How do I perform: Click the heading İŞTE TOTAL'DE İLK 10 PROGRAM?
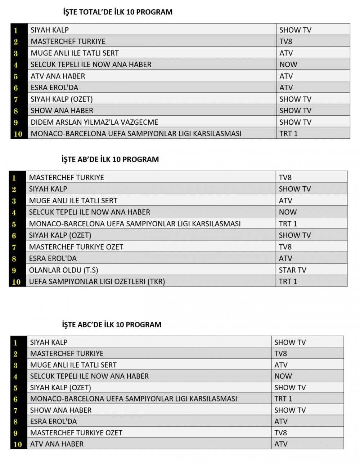click(117, 12)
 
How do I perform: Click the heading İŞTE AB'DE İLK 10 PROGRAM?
click(110, 159)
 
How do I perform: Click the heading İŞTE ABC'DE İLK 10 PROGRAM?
click(112, 324)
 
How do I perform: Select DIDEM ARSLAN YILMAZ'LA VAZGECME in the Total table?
click(94, 122)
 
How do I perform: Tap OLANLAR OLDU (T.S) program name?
click(63, 270)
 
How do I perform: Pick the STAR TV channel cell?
click(292, 270)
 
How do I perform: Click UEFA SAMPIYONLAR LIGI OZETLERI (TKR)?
click(97, 281)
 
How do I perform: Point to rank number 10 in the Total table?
click(18, 134)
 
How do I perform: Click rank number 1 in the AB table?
click(14, 178)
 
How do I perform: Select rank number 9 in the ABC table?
click(15, 433)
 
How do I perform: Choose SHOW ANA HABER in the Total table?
click(62, 111)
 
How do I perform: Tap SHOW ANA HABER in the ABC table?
click(61, 410)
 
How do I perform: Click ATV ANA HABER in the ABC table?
click(57, 444)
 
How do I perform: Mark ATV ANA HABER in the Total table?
click(58, 76)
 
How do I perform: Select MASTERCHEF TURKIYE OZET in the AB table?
click(76, 247)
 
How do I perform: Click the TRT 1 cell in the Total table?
click(289, 134)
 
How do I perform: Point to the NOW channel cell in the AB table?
click(288, 212)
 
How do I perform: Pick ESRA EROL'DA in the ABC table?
click(53, 421)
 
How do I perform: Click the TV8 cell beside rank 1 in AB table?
click(285, 178)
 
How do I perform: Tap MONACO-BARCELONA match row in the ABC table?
click(134, 399)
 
